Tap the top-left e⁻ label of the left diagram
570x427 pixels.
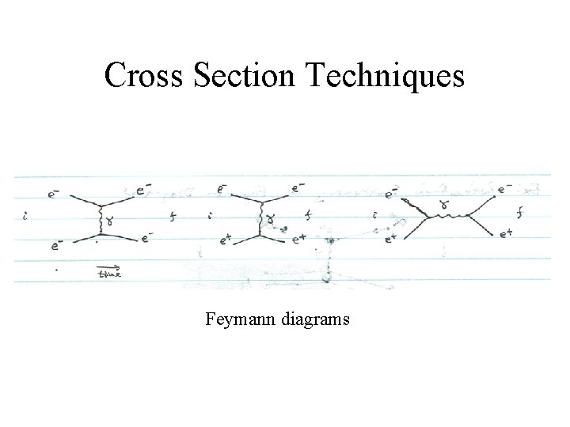[52, 191]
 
